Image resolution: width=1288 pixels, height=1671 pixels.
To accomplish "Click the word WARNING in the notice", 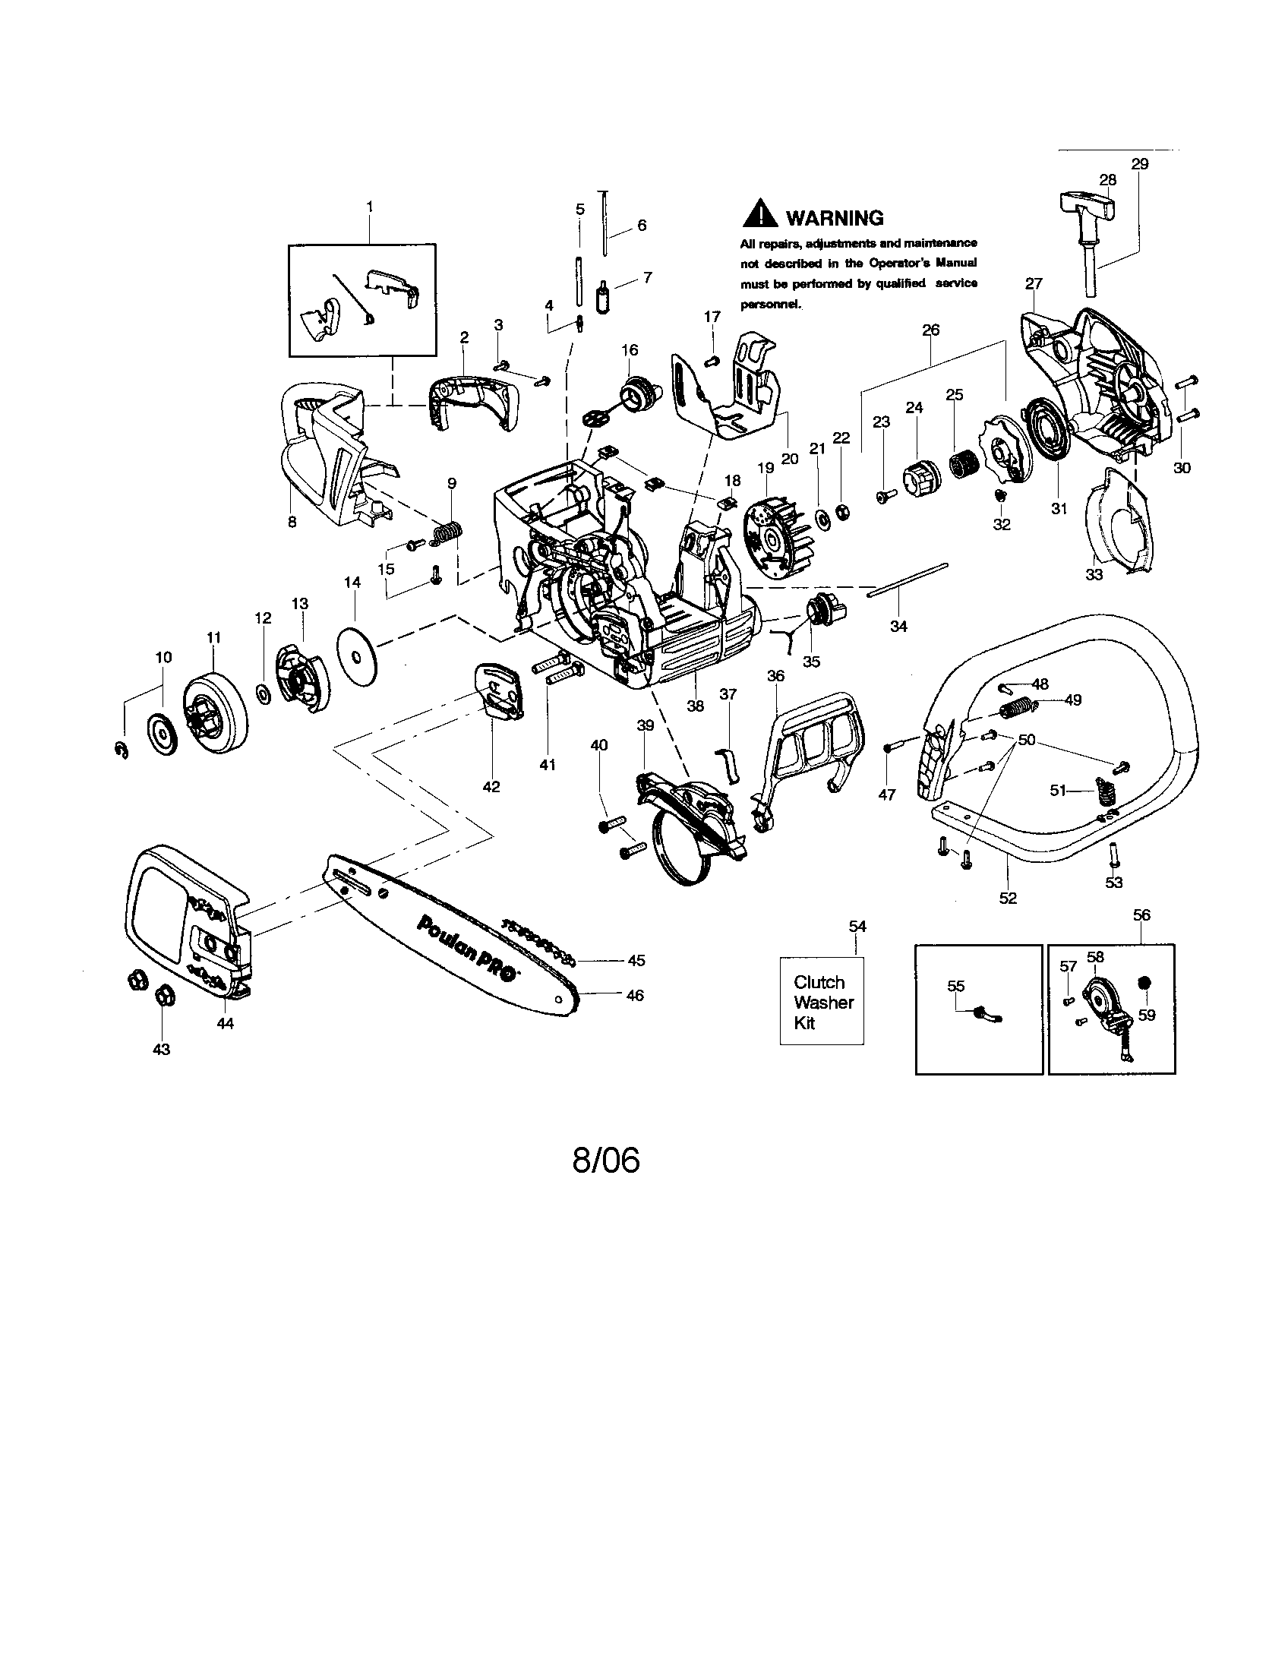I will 835,218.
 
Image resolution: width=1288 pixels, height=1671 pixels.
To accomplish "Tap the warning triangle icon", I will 760,215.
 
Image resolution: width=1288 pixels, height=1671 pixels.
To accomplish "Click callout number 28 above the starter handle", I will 1106,180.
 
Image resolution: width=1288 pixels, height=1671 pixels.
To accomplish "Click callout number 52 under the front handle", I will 1007,899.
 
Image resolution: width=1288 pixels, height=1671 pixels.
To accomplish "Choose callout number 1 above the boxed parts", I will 370,207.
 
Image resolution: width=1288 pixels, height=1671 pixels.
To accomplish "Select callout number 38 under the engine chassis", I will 694,706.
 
